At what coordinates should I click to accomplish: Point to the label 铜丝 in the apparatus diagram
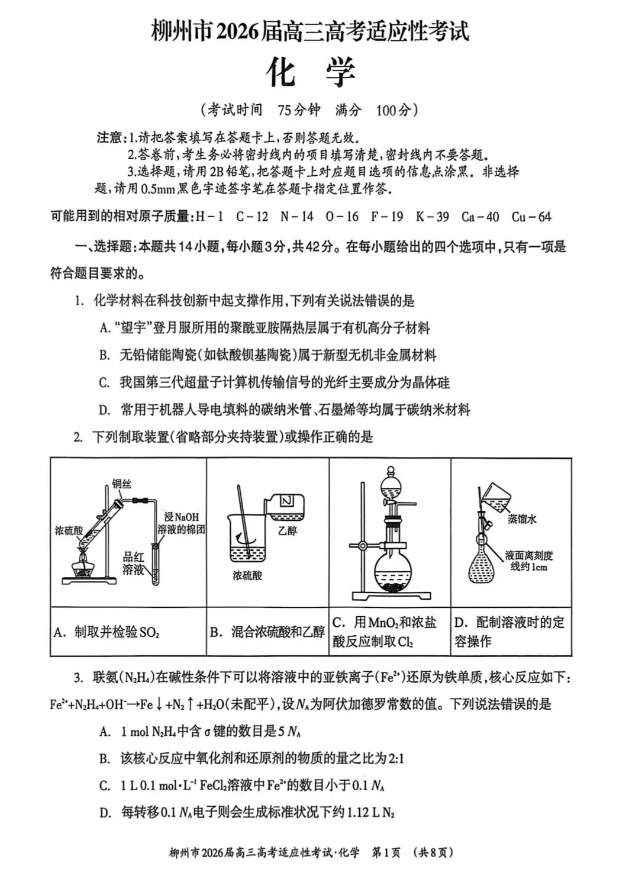121,484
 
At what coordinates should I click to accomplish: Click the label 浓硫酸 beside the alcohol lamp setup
69,530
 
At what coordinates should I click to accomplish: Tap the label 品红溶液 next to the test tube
133,563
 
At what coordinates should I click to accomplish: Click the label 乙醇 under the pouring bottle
287,530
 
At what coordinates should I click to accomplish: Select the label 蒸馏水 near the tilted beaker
522,519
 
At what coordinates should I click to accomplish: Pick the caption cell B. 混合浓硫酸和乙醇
267,632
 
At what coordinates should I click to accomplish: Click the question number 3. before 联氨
78,677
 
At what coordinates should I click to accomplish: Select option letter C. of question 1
105,382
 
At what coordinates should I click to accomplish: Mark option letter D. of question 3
105,813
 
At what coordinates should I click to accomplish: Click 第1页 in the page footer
386,852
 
